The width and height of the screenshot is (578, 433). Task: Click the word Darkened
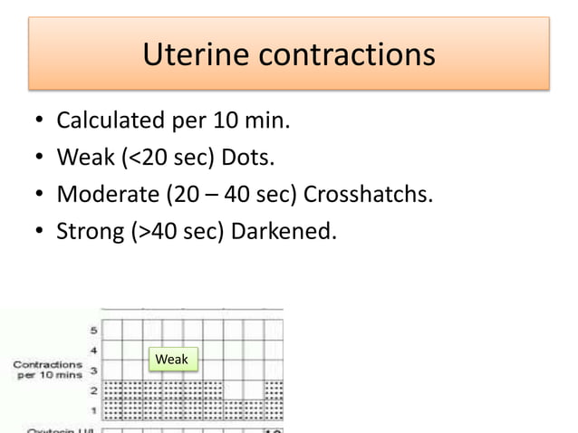coord(284,232)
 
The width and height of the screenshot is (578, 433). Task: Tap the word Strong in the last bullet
coord(84,232)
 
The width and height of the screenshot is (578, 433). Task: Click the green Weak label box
coord(171,360)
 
